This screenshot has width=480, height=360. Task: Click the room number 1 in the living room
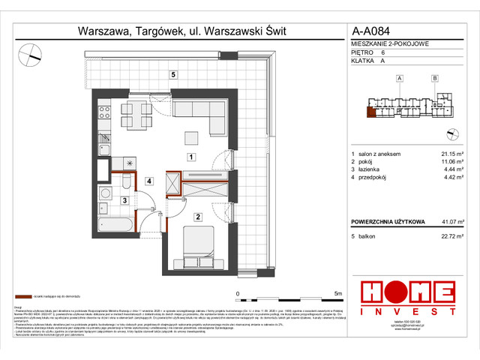191,157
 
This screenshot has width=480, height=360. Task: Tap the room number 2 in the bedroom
197,217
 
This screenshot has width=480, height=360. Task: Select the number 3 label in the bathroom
124,200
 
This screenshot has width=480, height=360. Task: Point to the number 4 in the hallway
150,181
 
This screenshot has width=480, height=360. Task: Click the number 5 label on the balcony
172,74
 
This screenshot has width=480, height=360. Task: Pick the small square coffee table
191,137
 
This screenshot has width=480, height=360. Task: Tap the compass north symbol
31,53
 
